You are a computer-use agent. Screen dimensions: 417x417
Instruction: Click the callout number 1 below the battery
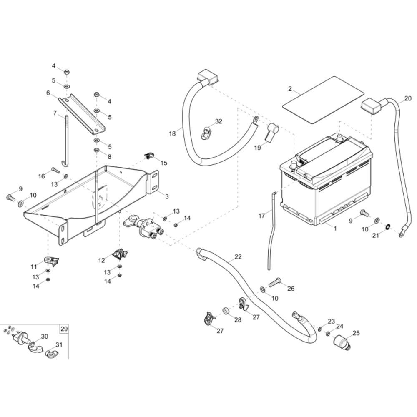tap(334, 229)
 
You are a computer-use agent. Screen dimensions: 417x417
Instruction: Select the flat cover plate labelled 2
tap(322, 99)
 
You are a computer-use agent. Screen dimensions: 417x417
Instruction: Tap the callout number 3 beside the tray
tap(167, 196)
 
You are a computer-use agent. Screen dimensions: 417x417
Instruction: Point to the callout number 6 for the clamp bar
tap(48, 93)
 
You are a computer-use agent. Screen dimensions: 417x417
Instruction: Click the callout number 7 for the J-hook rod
tap(55, 113)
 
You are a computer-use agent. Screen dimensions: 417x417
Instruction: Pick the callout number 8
tap(110, 157)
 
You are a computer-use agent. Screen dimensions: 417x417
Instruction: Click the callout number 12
tap(102, 260)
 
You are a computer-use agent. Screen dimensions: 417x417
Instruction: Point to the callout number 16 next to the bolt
tap(42, 176)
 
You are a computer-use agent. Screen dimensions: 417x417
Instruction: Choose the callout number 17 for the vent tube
tap(261, 216)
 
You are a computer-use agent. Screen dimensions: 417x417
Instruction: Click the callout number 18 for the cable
tap(173, 133)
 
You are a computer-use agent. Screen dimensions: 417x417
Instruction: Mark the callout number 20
tap(407, 99)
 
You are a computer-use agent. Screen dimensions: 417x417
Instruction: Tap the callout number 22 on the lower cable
tap(238, 257)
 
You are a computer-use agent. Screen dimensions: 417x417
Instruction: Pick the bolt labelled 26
tap(272, 284)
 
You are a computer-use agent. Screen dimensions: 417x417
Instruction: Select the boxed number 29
tap(64, 329)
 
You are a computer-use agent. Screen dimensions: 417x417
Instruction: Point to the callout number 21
tap(375, 236)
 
